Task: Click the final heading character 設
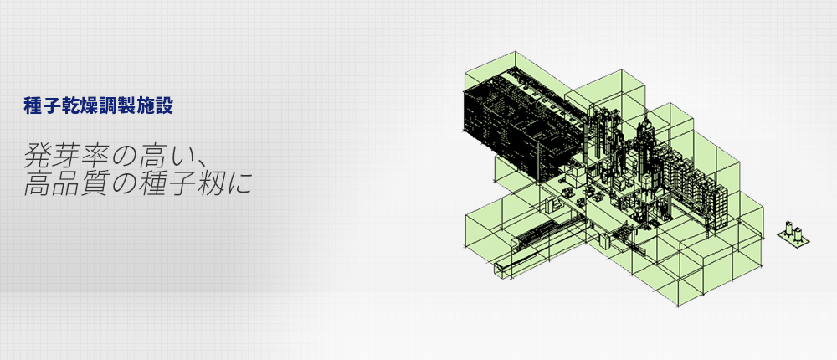pos(164,105)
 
